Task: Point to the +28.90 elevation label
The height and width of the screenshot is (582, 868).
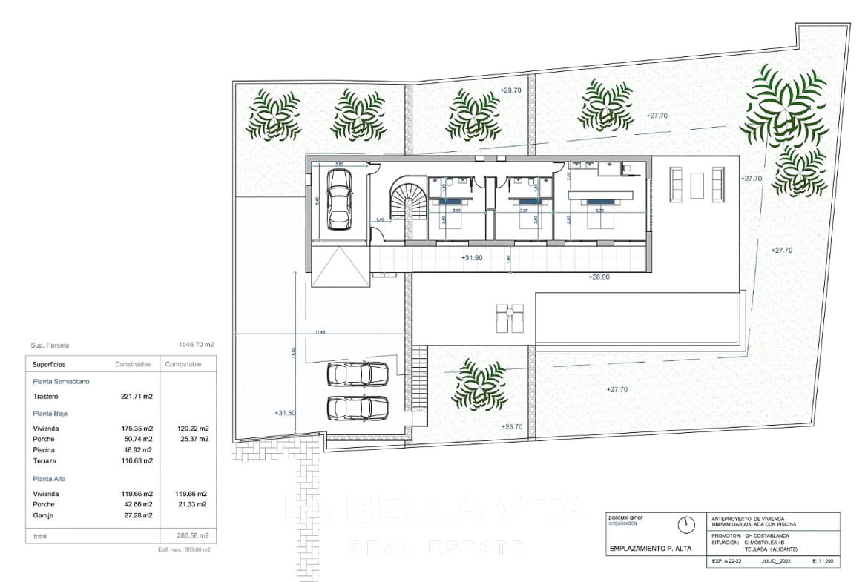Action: (599, 276)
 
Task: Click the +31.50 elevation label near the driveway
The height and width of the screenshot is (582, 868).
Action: (285, 413)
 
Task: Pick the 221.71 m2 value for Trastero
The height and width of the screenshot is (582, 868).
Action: (137, 397)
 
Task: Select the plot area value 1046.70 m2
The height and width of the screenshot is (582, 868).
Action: (197, 345)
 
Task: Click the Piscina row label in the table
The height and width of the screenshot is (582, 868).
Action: (44, 450)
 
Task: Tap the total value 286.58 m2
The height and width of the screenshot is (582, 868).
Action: (191, 535)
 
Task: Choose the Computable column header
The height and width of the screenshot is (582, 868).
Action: (183, 364)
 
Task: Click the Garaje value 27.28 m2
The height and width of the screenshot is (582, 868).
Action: (137, 515)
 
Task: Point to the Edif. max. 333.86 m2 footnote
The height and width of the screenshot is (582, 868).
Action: (184, 549)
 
